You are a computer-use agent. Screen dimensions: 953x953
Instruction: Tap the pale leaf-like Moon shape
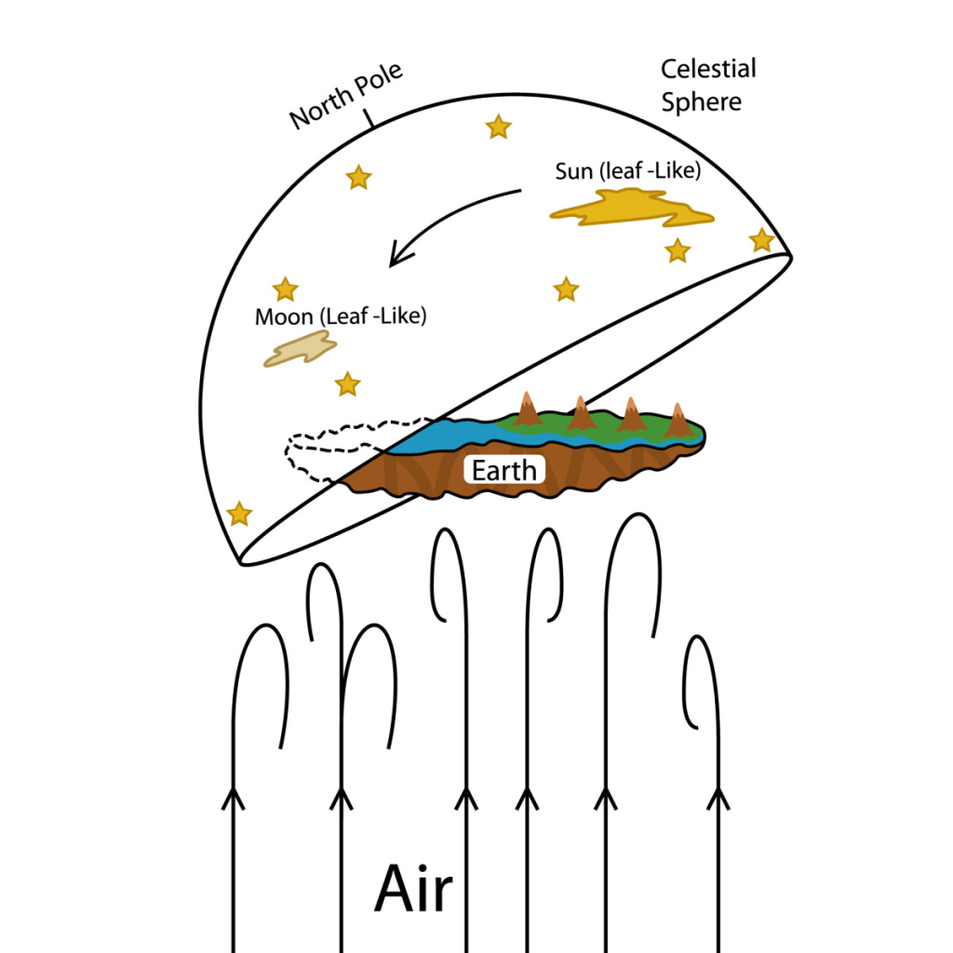[x=300, y=350]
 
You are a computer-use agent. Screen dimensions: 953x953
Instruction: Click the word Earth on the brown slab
[x=504, y=470]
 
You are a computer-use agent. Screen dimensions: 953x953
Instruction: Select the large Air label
[x=413, y=890]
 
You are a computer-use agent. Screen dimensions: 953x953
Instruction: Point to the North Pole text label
[x=346, y=98]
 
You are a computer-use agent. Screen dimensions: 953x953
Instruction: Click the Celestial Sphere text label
[x=707, y=85]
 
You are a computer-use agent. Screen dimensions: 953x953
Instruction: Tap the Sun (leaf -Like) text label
[x=627, y=171]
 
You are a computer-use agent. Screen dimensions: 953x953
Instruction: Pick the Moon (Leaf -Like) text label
[x=340, y=316]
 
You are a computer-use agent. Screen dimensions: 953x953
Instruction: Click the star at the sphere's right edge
[x=762, y=240]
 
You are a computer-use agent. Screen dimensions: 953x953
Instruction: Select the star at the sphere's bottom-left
[x=239, y=514]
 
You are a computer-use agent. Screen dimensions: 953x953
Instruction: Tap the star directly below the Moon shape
[x=347, y=383]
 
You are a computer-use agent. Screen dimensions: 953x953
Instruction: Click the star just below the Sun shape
[x=678, y=250]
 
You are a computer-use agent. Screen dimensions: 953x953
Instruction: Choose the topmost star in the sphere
[x=499, y=127]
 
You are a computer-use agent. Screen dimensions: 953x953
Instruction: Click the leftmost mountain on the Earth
[x=528, y=410]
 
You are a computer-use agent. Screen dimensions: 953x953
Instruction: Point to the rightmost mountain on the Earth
[x=678, y=422]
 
